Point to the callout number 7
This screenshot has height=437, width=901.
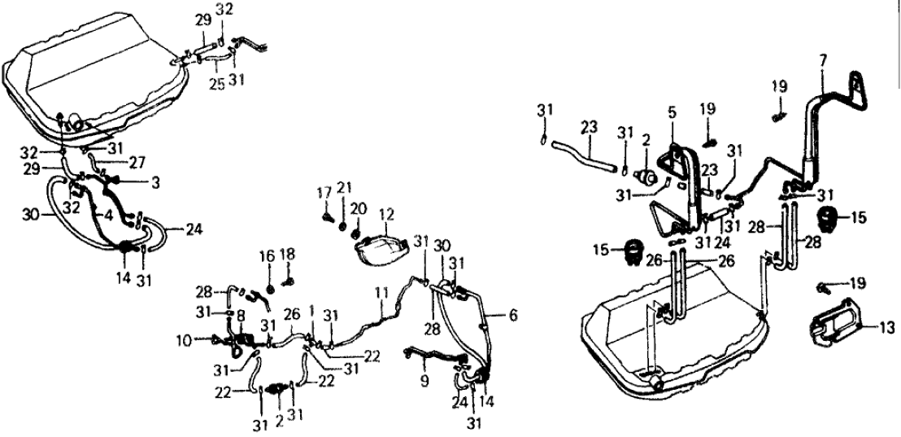pos(823,62)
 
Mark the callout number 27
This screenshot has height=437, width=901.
pos(138,161)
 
